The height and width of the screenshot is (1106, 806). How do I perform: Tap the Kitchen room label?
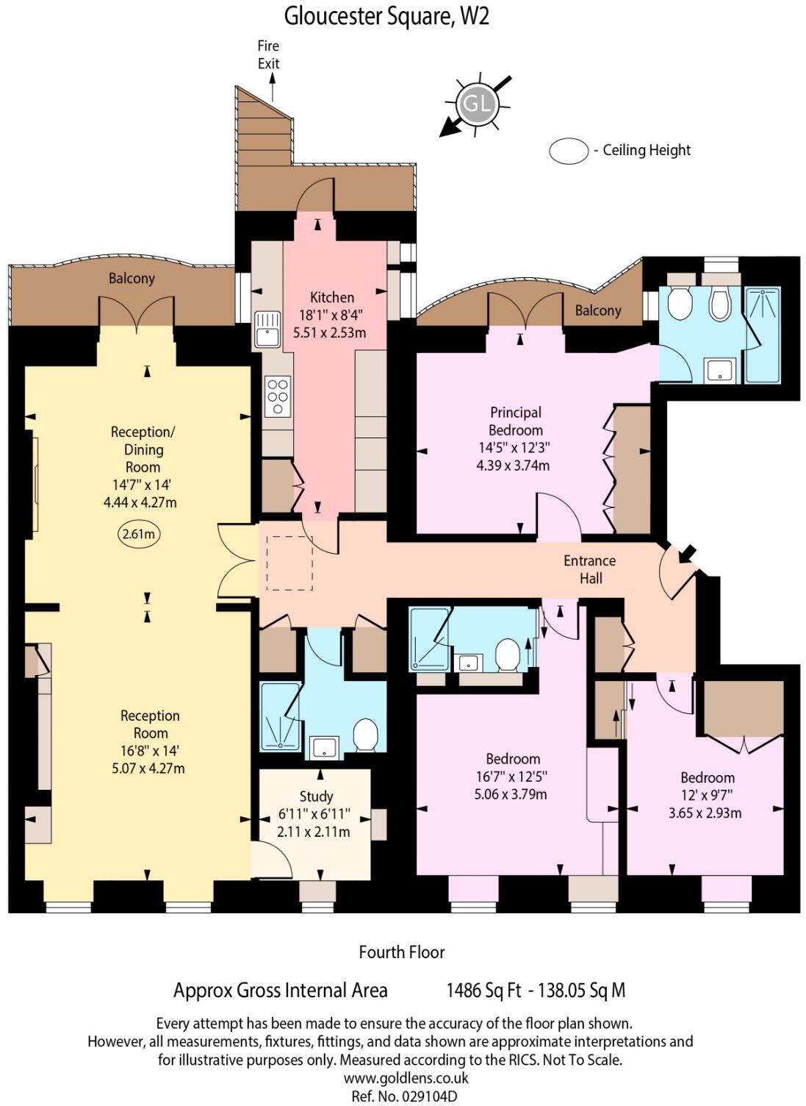click(332, 298)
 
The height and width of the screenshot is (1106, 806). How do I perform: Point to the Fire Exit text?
click(268, 55)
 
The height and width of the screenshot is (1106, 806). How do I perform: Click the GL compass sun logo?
click(476, 104)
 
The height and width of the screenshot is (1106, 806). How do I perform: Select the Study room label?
click(316, 796)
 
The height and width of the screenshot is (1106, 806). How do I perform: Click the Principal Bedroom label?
click(516, 421)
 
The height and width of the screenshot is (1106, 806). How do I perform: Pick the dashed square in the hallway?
click(289, 563)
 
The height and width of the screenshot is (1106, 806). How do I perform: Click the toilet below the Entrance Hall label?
click(508, 654)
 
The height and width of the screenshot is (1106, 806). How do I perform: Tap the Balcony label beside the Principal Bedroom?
click(598, 310)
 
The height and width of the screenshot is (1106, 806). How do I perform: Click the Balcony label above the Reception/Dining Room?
click(132, 279)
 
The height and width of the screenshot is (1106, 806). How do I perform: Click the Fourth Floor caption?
click(402, 952)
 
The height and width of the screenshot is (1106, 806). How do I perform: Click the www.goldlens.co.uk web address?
click(406, 1078)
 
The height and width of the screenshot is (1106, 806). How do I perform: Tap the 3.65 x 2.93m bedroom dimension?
click(705, 813)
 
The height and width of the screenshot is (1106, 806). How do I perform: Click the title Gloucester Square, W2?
click(386, 16)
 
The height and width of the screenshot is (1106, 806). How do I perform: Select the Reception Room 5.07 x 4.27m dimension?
click(143, 768)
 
